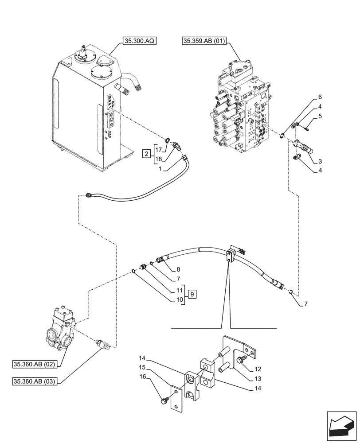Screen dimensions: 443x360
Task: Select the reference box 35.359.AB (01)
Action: [204, 42]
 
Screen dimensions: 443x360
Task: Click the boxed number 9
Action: [192, 294]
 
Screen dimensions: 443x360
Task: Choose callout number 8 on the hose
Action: [178, 268]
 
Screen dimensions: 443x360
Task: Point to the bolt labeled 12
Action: [241, 360]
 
